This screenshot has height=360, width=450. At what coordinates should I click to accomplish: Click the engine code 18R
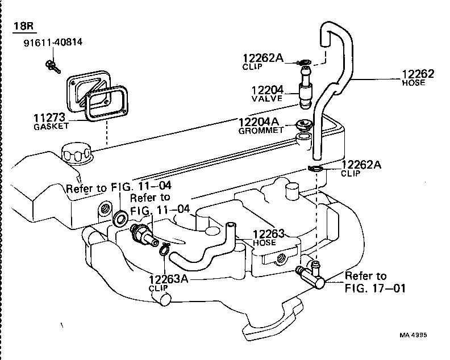21,26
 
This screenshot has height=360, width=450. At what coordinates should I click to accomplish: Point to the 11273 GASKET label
51,122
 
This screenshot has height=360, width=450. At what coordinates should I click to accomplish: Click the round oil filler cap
74,153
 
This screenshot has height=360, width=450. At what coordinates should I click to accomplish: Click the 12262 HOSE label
418,77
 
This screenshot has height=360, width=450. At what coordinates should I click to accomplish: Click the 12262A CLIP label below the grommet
361,168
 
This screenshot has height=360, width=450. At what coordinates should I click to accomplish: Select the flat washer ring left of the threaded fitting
120,217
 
